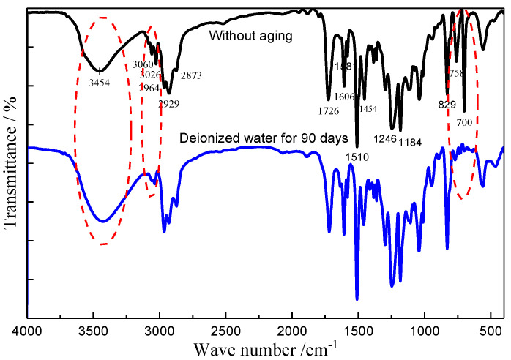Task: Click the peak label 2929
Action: pyautogui.click(x=169, y=103)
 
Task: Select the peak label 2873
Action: pyautogui.click(x=191, y=75)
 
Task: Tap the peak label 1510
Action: pyautogui.click(x=358, y=156)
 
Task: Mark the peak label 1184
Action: pyautogui.click(x=411, y=141)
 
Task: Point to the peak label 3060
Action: pyautogui.click(x=143, y=64)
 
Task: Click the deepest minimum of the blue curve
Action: pyautogui.click(x=357, y=299)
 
